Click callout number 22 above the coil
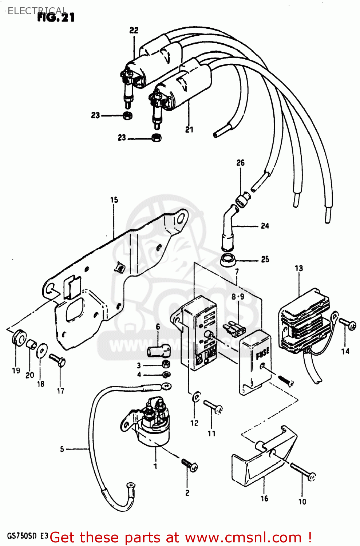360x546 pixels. (x=134, y=30)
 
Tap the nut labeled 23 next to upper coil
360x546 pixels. (x=127, y=116)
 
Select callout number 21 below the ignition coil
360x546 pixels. (x=189, y=130)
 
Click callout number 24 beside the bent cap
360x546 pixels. (x=265, y=226)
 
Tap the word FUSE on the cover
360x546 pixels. (x=262, y=353)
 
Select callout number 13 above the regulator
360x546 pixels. (x=298, y=268)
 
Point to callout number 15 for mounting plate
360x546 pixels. (x=114, y=200)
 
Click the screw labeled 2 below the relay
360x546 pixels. (x=190, y=465)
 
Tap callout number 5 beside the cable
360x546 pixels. (x=62, y=449)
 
